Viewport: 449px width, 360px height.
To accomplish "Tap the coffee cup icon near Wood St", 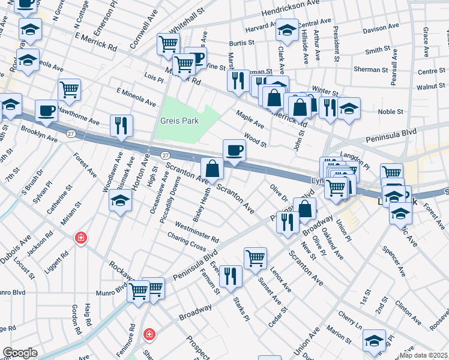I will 234,150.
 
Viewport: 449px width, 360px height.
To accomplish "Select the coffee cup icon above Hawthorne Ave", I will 46,111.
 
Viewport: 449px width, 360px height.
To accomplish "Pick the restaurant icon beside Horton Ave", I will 121,125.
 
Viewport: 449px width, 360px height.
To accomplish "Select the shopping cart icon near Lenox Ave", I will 255,258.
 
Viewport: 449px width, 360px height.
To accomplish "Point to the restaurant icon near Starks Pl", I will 231,276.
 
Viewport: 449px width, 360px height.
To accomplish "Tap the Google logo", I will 20,353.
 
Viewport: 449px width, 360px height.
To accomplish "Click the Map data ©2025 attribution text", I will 423,355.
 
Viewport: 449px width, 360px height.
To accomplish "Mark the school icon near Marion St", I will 374,340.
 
